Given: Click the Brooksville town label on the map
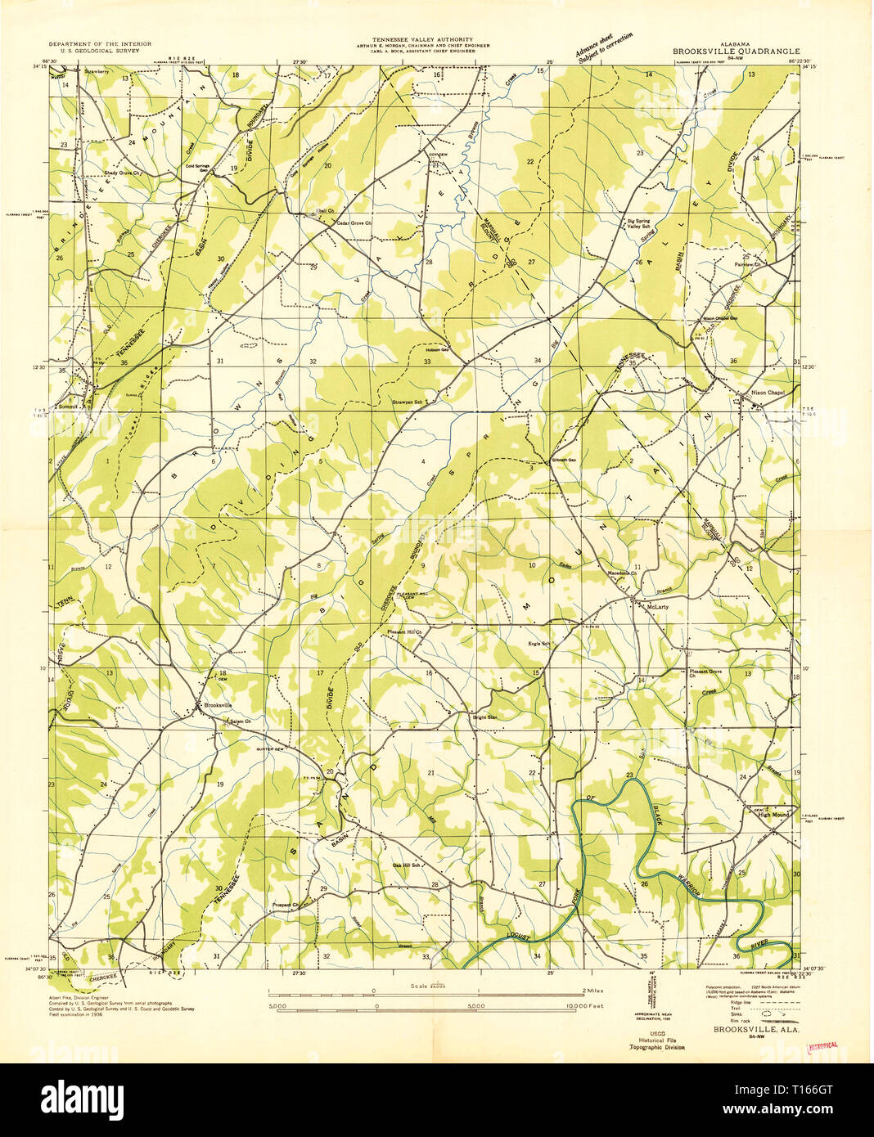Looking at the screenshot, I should coord(218,704).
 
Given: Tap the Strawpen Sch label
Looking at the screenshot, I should coord(407,402).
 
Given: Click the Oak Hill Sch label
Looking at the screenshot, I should coord(407,865).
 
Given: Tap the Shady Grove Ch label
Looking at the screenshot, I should coord(123,173).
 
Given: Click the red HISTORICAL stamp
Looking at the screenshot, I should coord(823,1045).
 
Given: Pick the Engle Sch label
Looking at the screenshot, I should coord(538,643).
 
